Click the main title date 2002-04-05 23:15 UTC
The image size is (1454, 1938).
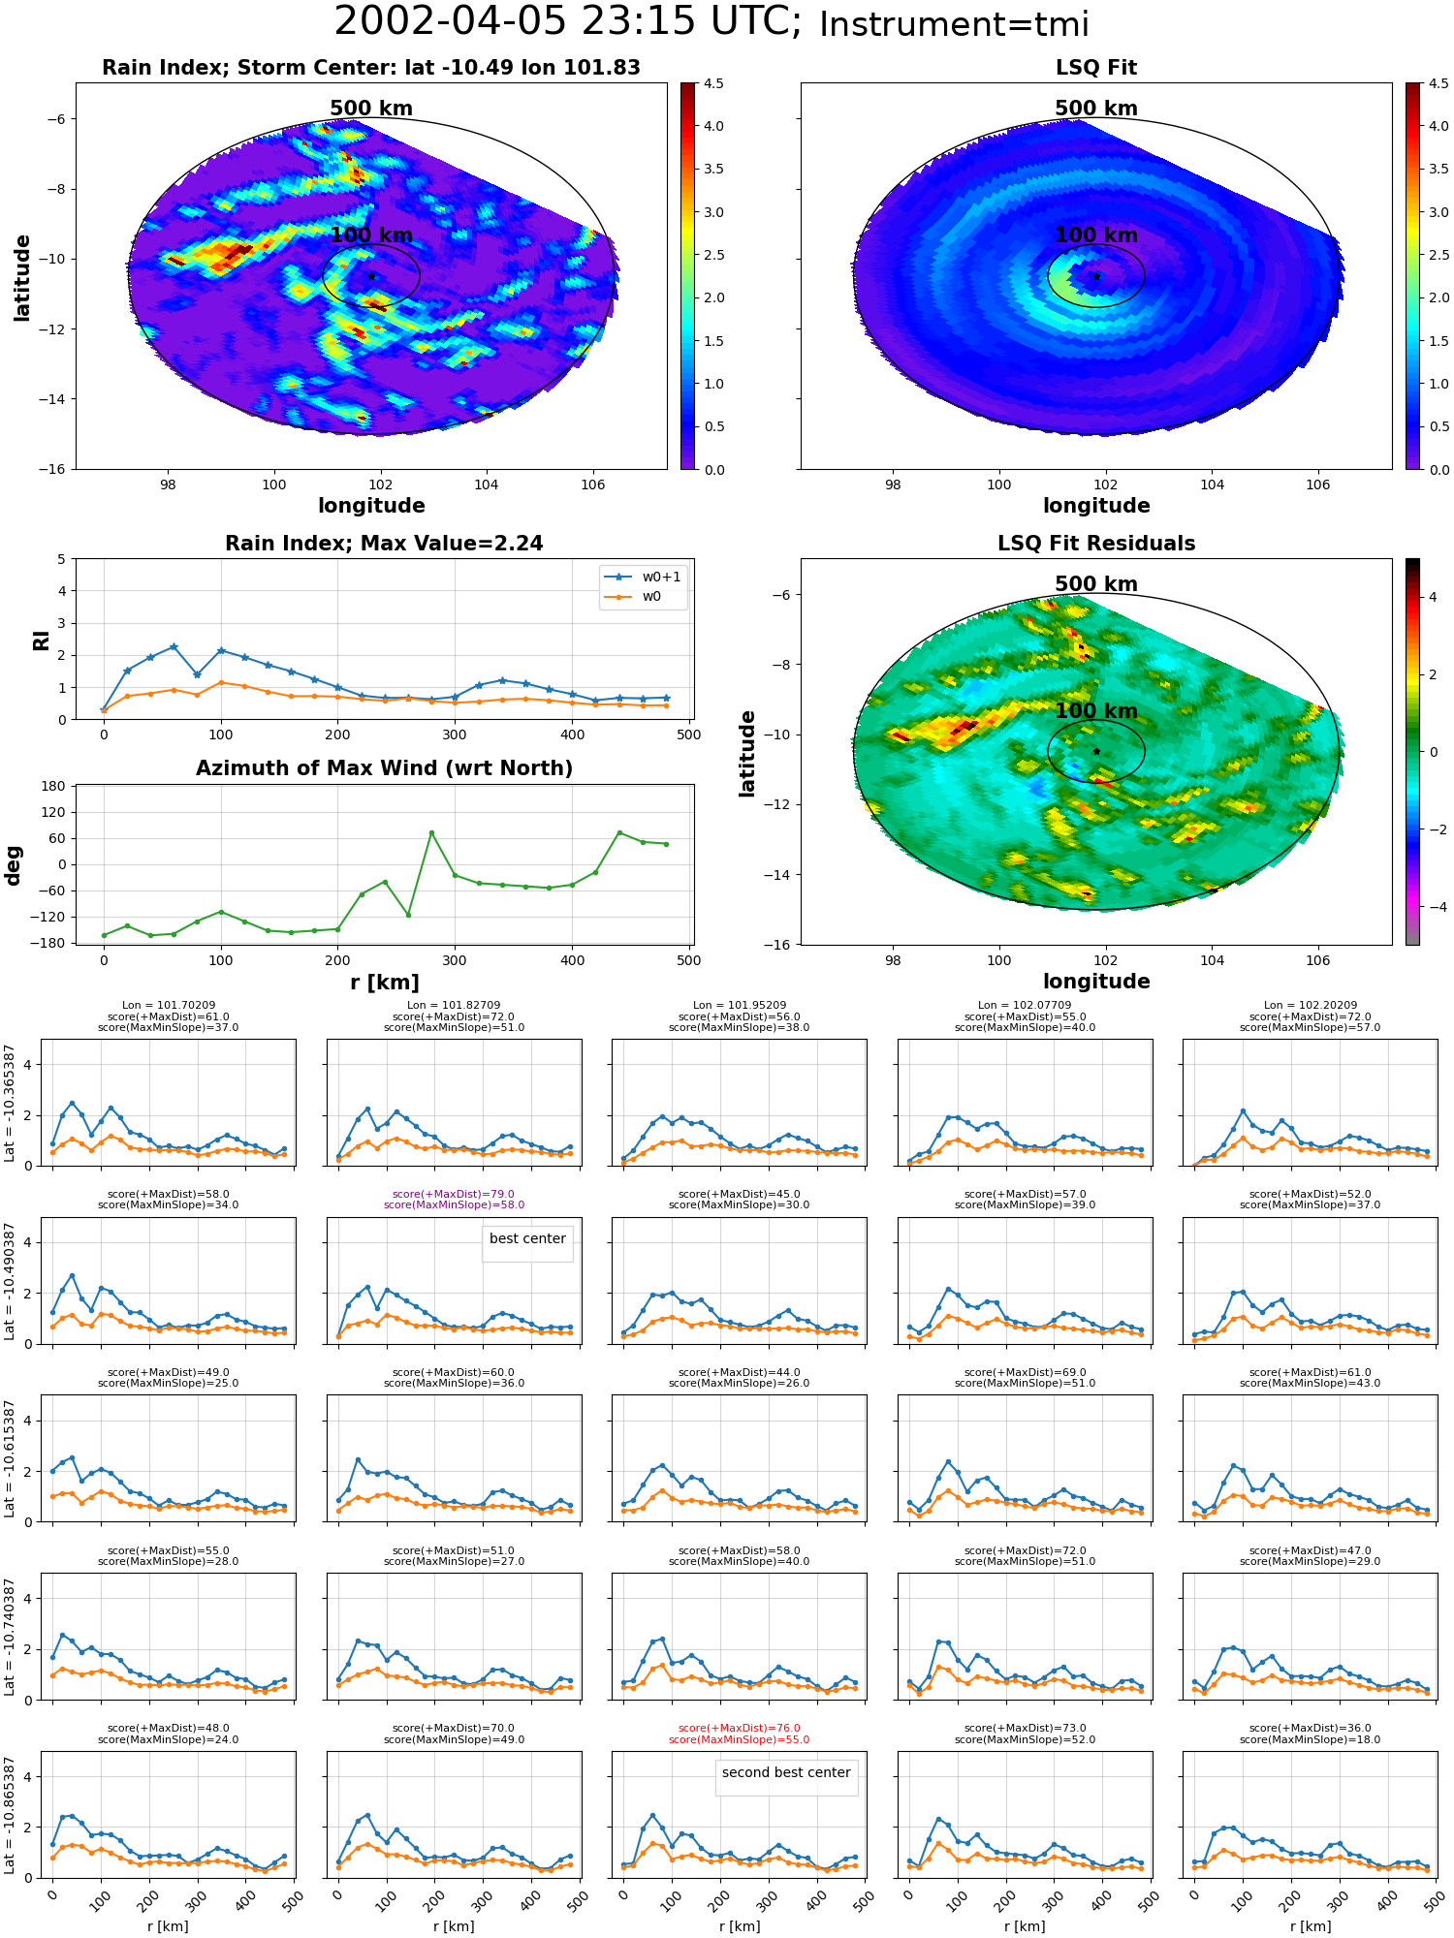(567, 22)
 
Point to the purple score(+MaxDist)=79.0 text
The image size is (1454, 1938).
(454, 1195)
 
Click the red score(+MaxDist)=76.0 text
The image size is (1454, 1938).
(740, 1729)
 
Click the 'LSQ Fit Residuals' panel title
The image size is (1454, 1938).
(1096, 544)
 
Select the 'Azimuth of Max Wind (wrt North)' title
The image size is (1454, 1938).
(385, 768)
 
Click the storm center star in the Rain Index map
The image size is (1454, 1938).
(371, 276)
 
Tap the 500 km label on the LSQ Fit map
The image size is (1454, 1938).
(1096, 109)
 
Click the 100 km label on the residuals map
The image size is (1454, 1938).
(1096, 711)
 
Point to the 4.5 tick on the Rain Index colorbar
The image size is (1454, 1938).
(713, 84)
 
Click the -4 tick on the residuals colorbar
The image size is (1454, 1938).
(1432, 907)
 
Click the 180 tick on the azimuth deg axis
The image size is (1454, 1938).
(54, 786)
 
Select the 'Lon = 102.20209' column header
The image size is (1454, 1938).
(1311, 1006)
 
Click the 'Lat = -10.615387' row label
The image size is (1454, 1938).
(10, 1458)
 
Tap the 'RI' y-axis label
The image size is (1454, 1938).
(41, 640)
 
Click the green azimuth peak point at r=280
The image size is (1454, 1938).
(431, 832)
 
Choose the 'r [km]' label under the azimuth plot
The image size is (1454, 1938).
(385, 983)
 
